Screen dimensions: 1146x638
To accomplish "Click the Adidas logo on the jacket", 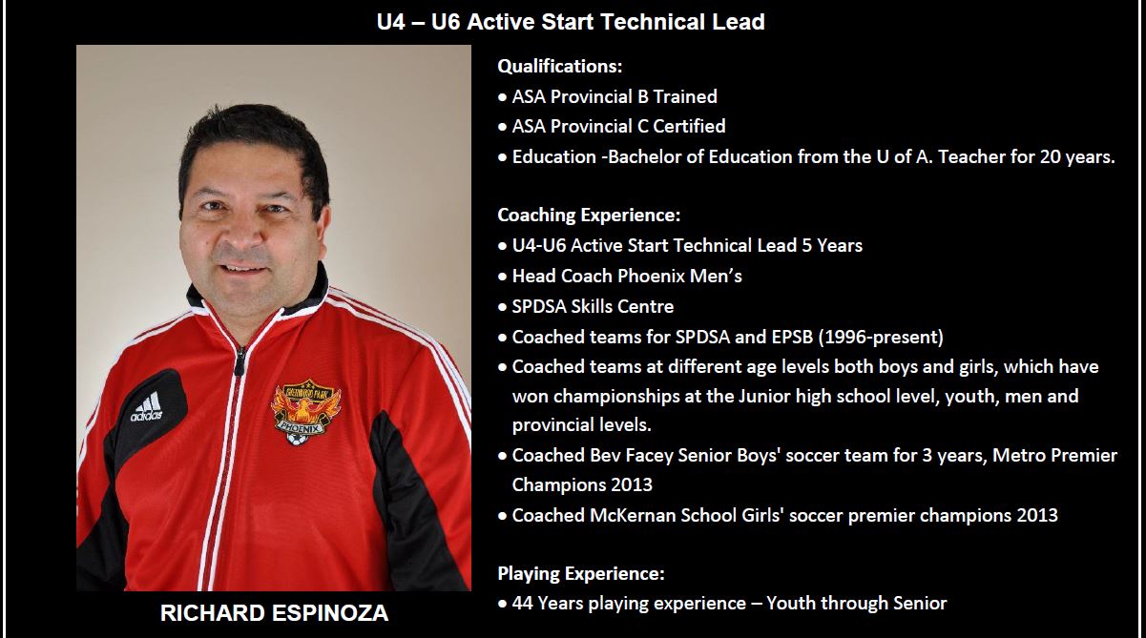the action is pyautogui.click(x=147, y=407).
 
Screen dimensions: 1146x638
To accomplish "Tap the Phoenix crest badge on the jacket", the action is pyautogui.click(x=305, y=411).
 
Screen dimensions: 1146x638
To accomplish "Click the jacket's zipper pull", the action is pyautogui.click(x=240, y=360).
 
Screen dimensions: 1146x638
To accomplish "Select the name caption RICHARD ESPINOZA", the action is pyautogui.click(x=274, y=613).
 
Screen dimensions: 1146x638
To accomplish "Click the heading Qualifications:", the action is pyautogui.click(x=560, y=66).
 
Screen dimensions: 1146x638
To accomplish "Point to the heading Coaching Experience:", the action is pyautogui.click(x=589, y=216).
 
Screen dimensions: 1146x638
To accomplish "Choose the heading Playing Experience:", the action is pyautogui.click(x=581, y=573).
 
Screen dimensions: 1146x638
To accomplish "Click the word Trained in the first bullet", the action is pyautogui.click(x=685, y=96).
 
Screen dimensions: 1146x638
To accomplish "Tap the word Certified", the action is pyautogui.click(x=689, y=126).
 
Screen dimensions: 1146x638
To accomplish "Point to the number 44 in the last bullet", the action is pyautogui.click(x=522, y=604).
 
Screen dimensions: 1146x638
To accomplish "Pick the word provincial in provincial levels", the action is pyautogui.click(x=554, y=425).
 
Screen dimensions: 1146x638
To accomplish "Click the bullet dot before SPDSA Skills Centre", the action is pyautogui.click(x=503, y=307).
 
